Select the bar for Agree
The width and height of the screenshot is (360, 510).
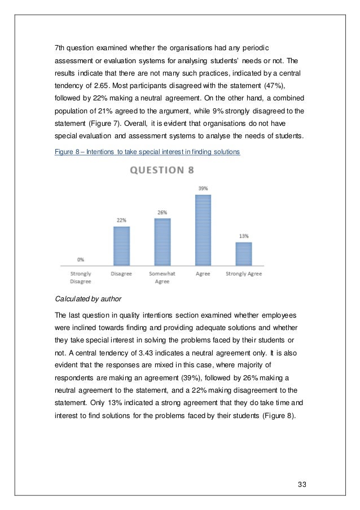click(x=203, y=230)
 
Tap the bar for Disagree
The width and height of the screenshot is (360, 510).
click(x=121, y=245)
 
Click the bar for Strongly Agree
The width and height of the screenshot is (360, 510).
click(x=243, y=253)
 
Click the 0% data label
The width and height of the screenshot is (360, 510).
click(x=81, y=260)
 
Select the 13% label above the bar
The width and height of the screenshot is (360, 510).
click(x=243, y=236)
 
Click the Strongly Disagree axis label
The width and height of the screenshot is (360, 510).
click(x=81, y=277)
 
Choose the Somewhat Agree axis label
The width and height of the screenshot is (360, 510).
click(x=162, y=277)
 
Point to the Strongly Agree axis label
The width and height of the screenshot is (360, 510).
click(x=243, y=274)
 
